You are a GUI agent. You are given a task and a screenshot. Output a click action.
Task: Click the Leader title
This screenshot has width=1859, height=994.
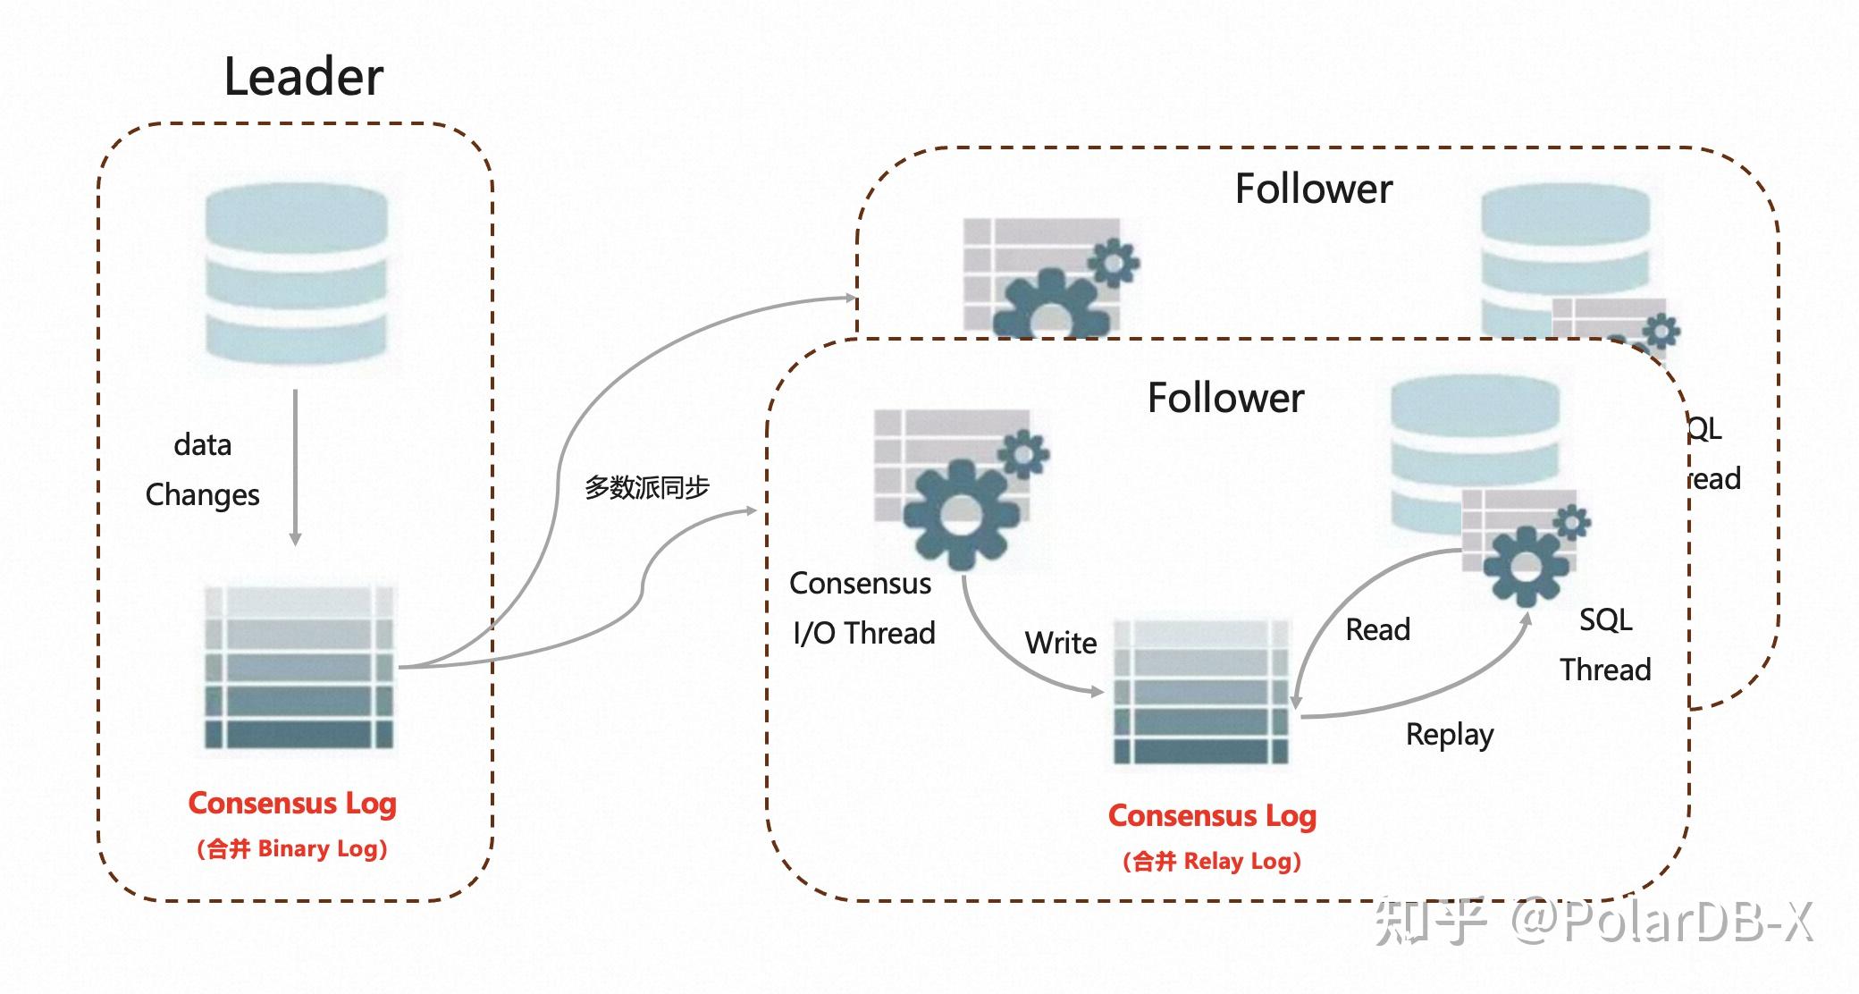click(303, 77)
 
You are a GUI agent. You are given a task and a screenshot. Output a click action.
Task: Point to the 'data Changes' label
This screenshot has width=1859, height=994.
click(203, 469)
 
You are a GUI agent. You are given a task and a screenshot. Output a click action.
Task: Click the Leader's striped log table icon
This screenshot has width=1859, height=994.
click(299, 668)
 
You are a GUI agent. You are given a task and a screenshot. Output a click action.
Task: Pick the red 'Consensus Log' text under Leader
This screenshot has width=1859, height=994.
click(292, 804)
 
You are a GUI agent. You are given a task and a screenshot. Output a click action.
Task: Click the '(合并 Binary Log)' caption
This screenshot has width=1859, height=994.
click(292, 848)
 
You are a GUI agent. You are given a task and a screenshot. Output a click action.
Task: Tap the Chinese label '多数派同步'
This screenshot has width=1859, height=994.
click(646, 487)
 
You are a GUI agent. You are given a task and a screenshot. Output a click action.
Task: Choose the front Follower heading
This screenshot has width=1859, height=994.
click(1225, 398)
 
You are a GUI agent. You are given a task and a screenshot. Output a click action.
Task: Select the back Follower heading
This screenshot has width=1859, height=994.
click(1313, 190)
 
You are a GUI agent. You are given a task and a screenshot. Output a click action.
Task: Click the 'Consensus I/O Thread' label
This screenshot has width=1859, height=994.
click(862, 608)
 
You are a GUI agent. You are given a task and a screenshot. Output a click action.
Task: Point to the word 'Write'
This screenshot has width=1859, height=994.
click(1061, 643)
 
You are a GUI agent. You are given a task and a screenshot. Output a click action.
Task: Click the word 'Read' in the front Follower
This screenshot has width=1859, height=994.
click(1377, 630)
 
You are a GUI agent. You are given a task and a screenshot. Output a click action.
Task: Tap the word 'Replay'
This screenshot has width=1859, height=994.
click(1449, 735)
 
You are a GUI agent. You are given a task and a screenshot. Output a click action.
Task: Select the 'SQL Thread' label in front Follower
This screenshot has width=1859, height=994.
click(1605, 644)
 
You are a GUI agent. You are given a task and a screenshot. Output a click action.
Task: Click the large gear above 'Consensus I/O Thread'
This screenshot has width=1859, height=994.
click(960, 514)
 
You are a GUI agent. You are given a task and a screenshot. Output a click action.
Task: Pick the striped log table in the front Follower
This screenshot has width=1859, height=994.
click(1202, 692)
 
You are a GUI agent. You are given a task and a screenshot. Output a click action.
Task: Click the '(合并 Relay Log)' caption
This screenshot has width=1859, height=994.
click(1212, 862)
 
